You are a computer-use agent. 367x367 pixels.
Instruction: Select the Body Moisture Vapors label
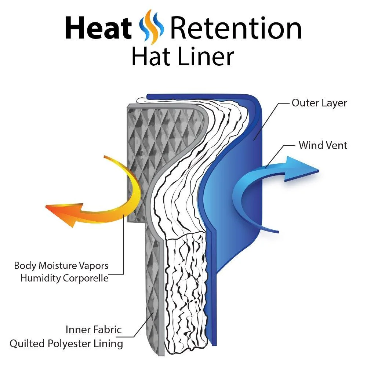[x=61, y=265]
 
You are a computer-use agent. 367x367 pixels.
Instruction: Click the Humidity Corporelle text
[x=65, y=278]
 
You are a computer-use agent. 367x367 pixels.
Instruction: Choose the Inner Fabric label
[x=94, y=330]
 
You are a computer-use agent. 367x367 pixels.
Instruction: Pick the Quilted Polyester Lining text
[x=66, y=344]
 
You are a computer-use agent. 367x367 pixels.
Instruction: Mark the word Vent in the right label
[x=336, y=145]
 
